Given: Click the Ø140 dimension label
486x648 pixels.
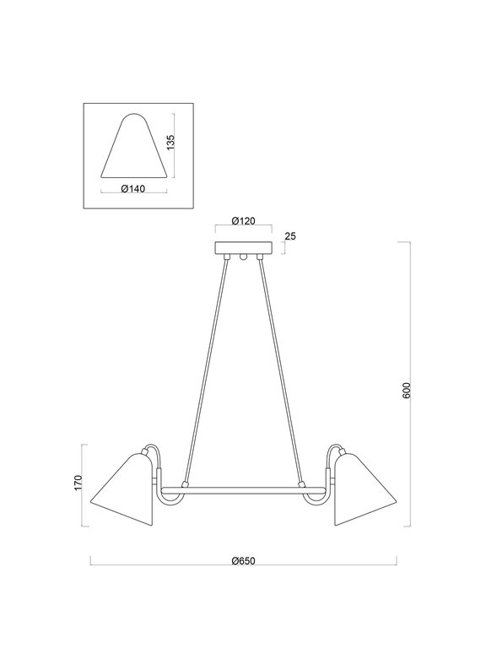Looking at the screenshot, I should pyautogui.click(x=134, y=189).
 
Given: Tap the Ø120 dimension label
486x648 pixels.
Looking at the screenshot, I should pyautogui.click(x=244, y=222).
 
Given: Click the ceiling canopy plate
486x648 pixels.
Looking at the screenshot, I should pyautogui.click(x=244, y=248).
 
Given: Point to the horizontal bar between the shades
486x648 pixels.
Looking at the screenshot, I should pyautogui.click(x=243, y=488).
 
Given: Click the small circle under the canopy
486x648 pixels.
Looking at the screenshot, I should pyautogui.click(x=244, y=257).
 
